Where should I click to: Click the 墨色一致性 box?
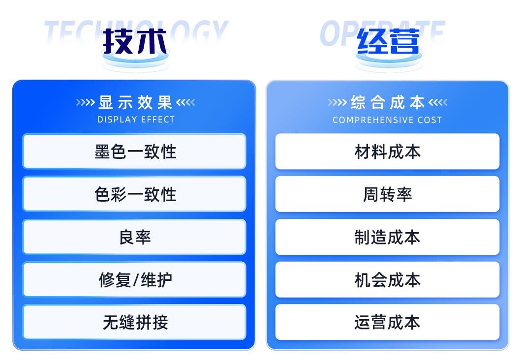coord(134,151)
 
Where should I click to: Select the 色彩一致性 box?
coord(134,194)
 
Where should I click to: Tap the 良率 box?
coord(134,237)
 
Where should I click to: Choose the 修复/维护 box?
coord(134,279)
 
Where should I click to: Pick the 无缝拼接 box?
coord(134,322)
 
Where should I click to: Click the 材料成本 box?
coord(387,151)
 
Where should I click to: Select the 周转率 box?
coord(387,194)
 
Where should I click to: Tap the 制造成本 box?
coord(387,237)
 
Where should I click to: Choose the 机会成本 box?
coord(387,279)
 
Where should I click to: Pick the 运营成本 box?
coord(387,322)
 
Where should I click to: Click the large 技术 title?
coord(135,41)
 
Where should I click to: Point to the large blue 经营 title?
coord(388,41)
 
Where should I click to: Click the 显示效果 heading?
coord(135,102)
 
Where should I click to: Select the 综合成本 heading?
coord(388,102)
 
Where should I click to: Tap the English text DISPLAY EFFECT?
coord(136,120)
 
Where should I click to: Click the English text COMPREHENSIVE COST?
coord(387,120)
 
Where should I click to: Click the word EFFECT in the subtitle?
coord(158,120)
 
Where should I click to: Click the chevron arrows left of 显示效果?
coord(86,102)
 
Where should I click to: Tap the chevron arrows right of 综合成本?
coord(438,102)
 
